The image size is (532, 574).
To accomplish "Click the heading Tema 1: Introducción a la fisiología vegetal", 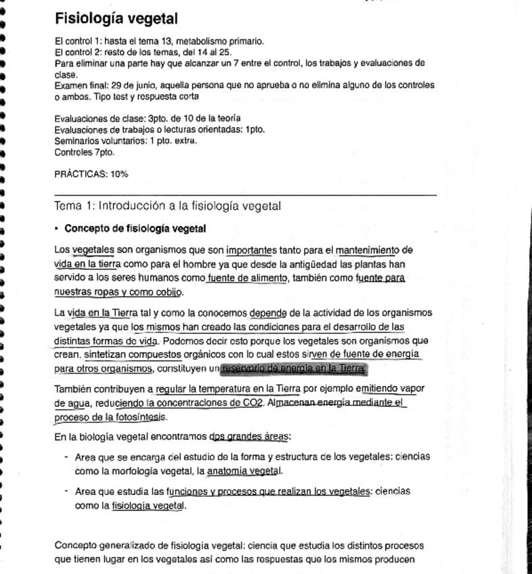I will (167, 206).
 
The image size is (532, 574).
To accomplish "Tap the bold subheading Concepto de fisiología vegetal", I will (135, 228).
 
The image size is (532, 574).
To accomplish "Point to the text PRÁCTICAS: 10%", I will (91, 174).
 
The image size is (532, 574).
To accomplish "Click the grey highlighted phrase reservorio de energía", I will (293, 368).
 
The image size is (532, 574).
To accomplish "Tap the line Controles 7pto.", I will (84, 152).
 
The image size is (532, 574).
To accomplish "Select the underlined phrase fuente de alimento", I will (248, 278).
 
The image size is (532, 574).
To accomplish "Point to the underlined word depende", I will (268, 313).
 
